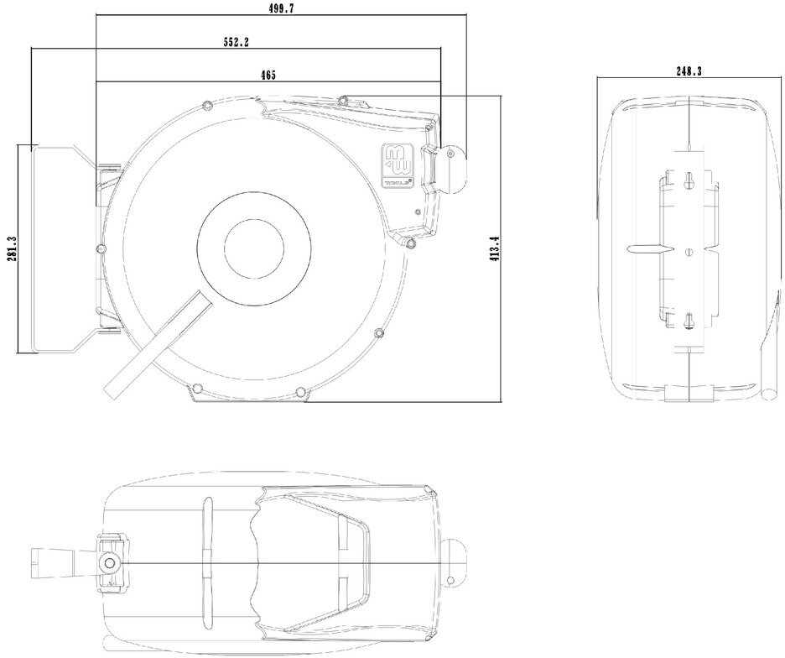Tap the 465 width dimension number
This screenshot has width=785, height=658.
point(268,75)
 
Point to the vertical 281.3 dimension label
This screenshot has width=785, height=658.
point(9,248)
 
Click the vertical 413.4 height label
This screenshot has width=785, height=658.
point(495,249)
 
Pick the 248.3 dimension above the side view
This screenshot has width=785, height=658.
point(689,71)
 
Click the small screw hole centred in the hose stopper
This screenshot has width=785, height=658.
point(450,154)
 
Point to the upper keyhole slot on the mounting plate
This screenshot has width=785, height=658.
point(688,180)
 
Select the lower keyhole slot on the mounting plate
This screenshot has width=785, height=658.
point(688,321)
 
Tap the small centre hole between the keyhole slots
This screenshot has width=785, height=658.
point(688,250)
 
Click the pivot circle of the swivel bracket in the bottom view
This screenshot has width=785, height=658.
point(108,563)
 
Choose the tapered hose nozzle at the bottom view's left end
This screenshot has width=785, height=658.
point(50,560)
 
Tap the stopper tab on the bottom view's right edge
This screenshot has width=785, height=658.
point(457,561)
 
